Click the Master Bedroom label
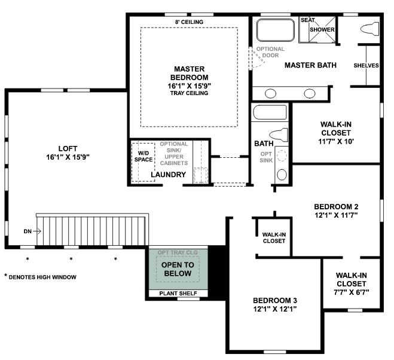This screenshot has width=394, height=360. (189, 73)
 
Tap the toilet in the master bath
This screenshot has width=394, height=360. (370, 29)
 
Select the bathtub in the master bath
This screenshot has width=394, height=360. (276, 30)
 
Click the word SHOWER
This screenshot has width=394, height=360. (322, 29)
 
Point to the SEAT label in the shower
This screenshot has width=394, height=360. (307, 20)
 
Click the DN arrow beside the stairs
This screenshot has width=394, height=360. (37, 231)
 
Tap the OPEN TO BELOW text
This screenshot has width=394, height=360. (178, 269)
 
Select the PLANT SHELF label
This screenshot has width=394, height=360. (178, 293)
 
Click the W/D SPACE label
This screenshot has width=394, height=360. (143, 156)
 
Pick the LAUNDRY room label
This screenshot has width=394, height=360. (169, 175)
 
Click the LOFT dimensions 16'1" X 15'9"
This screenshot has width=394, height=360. (68, 157)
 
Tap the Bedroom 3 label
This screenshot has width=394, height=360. (275, 300)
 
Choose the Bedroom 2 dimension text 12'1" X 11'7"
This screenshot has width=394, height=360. (336, 215)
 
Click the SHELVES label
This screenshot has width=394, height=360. (366, 65)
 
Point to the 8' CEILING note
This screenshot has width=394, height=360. (189, 22)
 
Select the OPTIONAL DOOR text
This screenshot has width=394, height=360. (270, 52)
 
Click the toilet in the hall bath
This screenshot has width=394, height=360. (279, 135)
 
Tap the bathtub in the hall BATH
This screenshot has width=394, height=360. (270, 112)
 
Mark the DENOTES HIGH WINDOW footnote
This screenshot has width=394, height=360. (40, 277)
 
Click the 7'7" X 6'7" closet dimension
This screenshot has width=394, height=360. (352, 292)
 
